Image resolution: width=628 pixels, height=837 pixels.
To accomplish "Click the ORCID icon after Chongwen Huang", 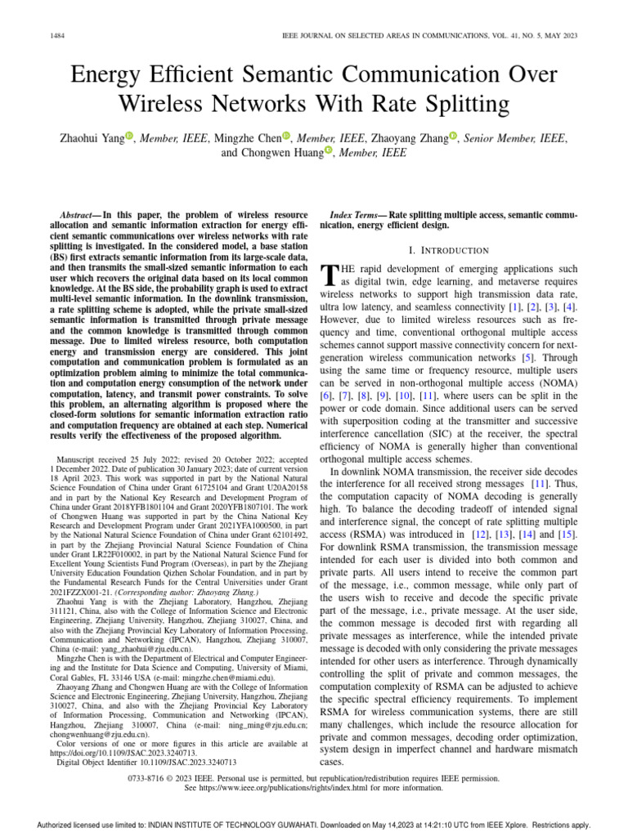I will [329, 151].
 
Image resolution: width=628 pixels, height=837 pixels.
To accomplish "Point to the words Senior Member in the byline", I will [501, 139].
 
